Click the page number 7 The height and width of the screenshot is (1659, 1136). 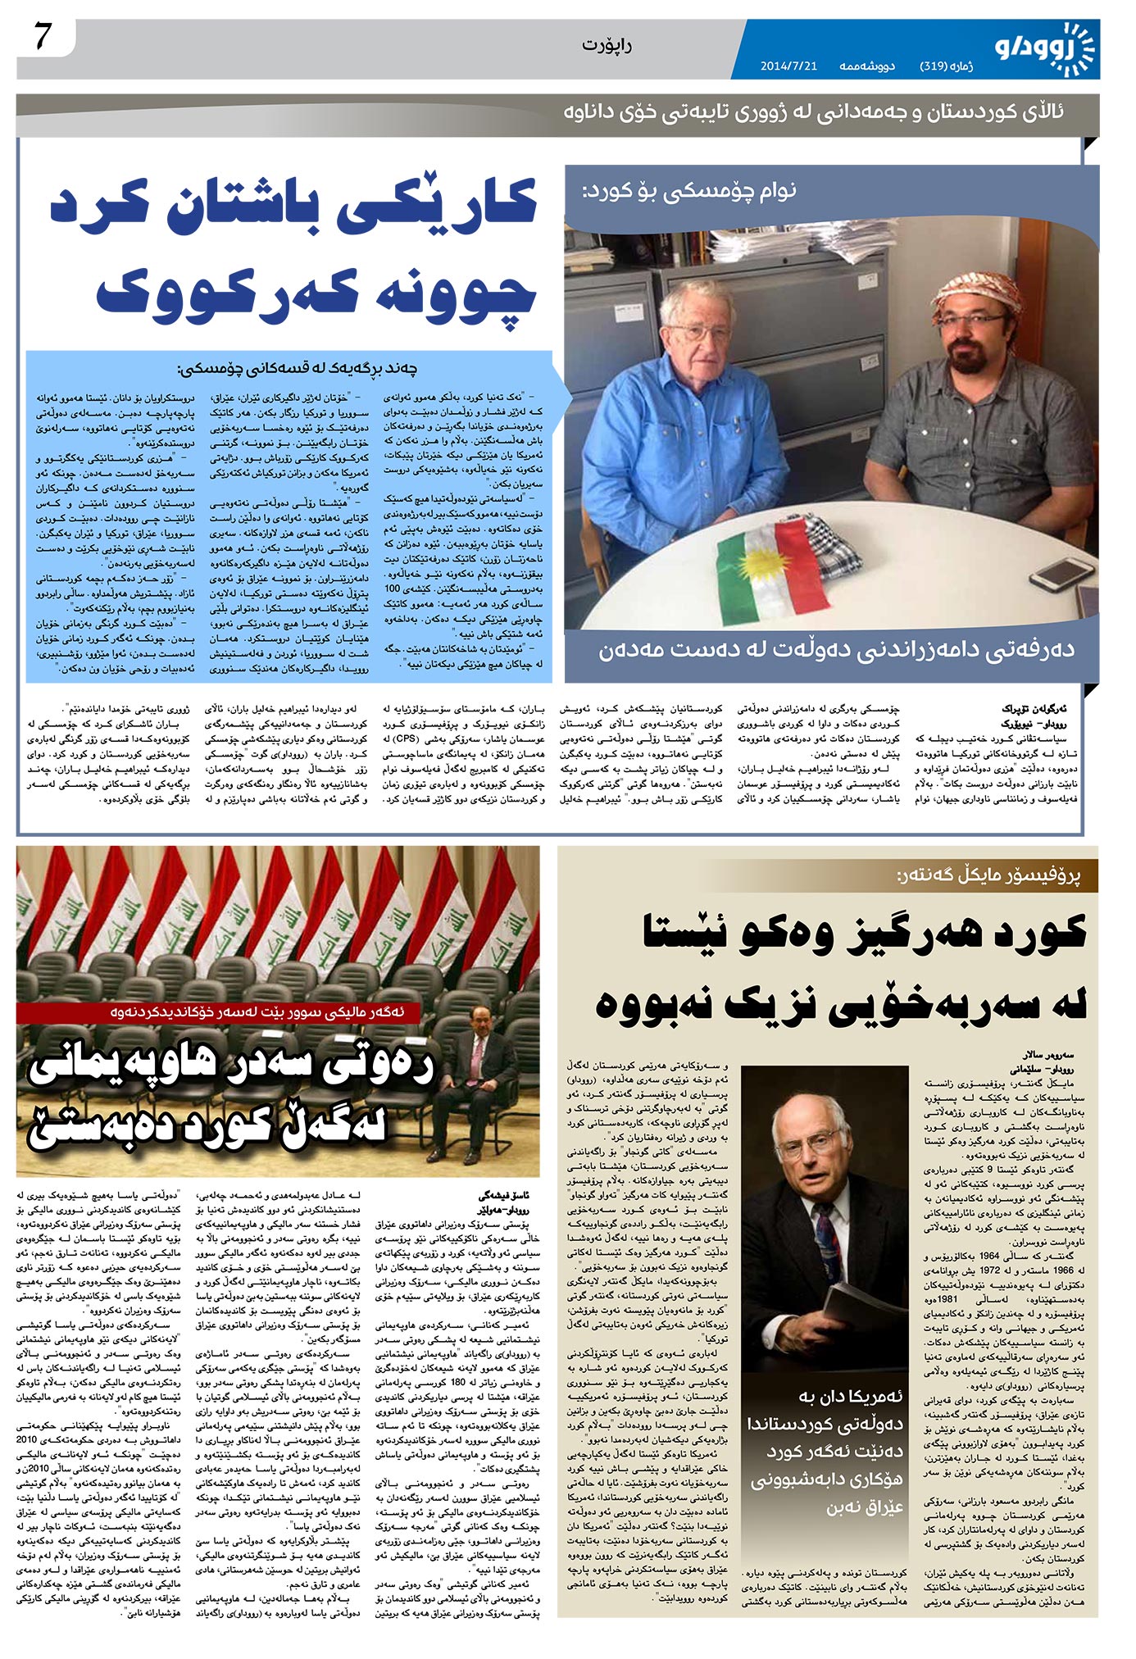[x=43, y=39]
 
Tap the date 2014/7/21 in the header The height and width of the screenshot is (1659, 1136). [x=788, y=66]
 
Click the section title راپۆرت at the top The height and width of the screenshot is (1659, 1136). [x=607, y=45]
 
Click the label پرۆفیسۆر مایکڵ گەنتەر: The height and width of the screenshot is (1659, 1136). [x=988, y=875]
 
